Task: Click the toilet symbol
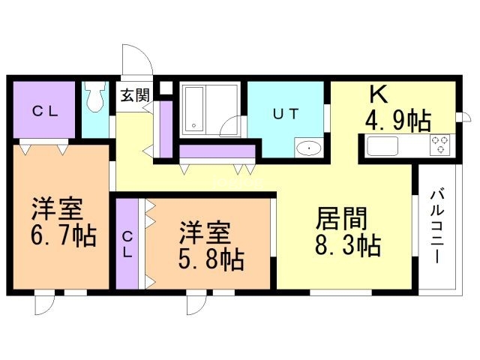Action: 95,97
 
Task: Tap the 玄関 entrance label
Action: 135,95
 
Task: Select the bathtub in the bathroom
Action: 193,109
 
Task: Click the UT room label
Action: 285,114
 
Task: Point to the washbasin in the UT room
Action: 309,148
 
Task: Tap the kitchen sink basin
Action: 382,146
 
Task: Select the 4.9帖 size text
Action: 398,121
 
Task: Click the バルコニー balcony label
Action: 436,226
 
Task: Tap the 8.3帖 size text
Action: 348,245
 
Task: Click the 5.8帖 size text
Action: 211,259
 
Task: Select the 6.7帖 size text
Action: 63,235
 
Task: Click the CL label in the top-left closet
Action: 45,112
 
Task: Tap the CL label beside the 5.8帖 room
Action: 127,244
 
